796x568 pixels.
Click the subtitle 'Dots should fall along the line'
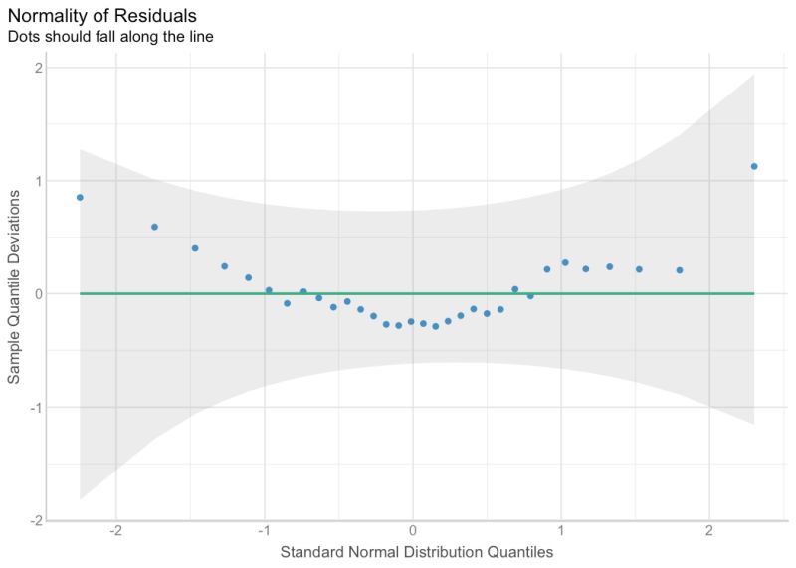pyautogui.click(x=110, y=37)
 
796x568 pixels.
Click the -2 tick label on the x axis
pyautogui.click(x=115, y=529)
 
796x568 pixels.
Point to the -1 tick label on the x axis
pyautogui.click(x=264, y=529)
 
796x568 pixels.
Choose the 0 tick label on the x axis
pyautogui.click(x=412, y=529)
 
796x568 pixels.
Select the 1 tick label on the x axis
pyautogui.click(x=560, y=529)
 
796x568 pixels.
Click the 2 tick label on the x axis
pyautogui.click(x=708, y=529)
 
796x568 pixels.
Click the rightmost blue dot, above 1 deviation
pyautogui.click(x=754, y=166)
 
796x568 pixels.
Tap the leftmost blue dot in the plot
pyautogui.click(x=80, y=197)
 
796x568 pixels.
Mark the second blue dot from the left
pyautogui.click(x=154, y=227)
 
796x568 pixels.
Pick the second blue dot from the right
pyautogui.click(x=680, y=270)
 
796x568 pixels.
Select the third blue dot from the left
pyautogui.click(x=195, y=248)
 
